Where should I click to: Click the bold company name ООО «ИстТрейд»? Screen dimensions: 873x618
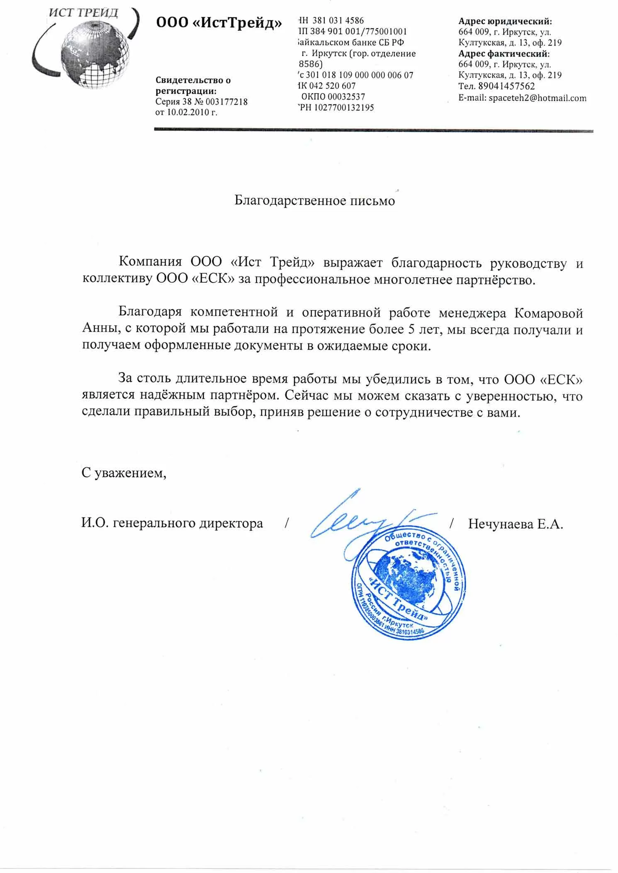(219, 23)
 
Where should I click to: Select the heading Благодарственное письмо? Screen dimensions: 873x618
(314, 201)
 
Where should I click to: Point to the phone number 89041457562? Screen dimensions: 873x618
(506, 86)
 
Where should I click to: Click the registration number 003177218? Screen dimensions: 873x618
(229, 102)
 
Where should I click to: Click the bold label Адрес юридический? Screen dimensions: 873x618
(505, 21)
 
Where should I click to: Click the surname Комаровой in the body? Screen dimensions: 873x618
(548, 313)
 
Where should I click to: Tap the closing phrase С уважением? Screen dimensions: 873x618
(124, 473)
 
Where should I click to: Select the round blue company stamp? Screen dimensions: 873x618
(406, 584)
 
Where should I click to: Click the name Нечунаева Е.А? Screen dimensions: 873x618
(516, 524)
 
